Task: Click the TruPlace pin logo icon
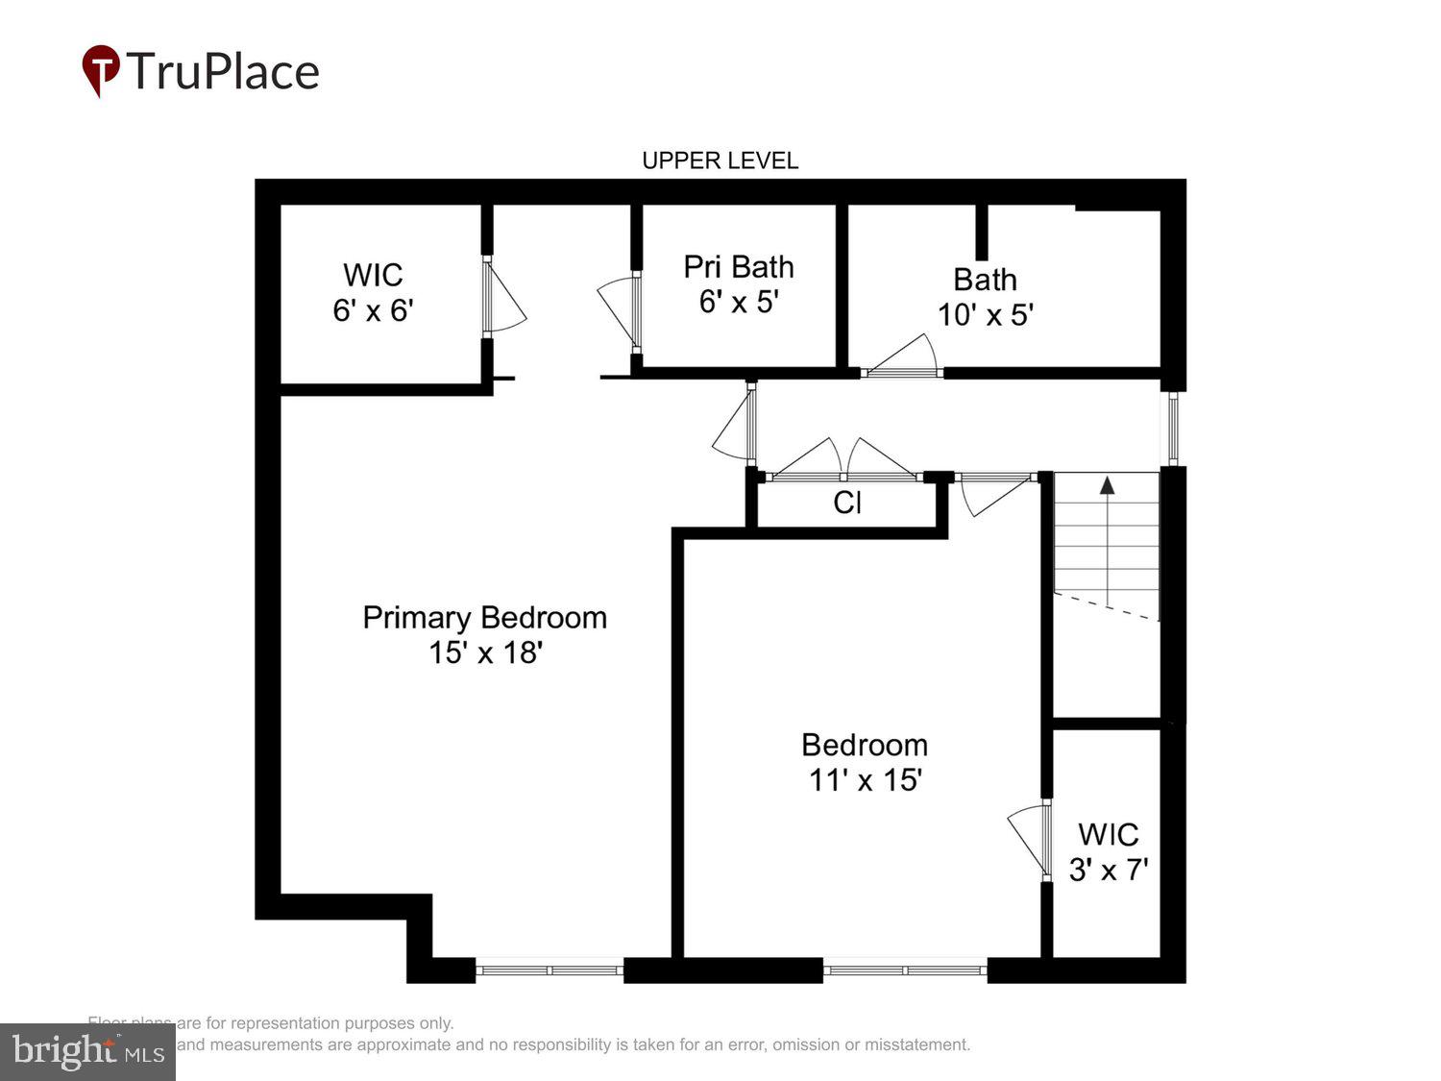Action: pos(101,70)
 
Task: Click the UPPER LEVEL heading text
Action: pos(720,160)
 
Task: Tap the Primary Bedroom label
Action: pos(484,617)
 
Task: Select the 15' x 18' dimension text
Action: pos(485,652)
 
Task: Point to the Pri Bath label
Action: pos(738,266)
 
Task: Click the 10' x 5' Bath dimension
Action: pos(985,315)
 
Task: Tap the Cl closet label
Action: pos(846,503)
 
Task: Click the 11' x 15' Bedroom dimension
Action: pos(865,779)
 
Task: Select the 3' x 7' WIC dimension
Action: pos(1109,870)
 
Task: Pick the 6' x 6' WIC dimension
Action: pos(373,310)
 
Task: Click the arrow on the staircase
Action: pos(1108,485)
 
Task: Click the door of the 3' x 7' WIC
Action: pos(1029,838)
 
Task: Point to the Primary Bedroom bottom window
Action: pos(550,970)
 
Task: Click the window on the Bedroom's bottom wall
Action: pos(904,970)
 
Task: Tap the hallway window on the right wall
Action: pos(1173,429)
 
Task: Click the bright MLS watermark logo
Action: pos(87,1051)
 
